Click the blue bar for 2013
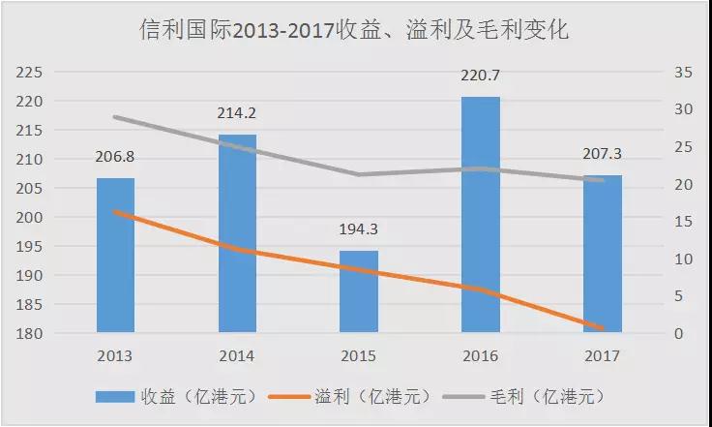(116, 256)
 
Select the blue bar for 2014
(238, 234)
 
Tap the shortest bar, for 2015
(359, 291)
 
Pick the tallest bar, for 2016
(481, 215)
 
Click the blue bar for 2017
(602, 255)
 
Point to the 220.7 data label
(481, 76)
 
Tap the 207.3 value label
(602, 153)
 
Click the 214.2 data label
(238, 113)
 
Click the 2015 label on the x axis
(359, 355)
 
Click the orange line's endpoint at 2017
(602, 328)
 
